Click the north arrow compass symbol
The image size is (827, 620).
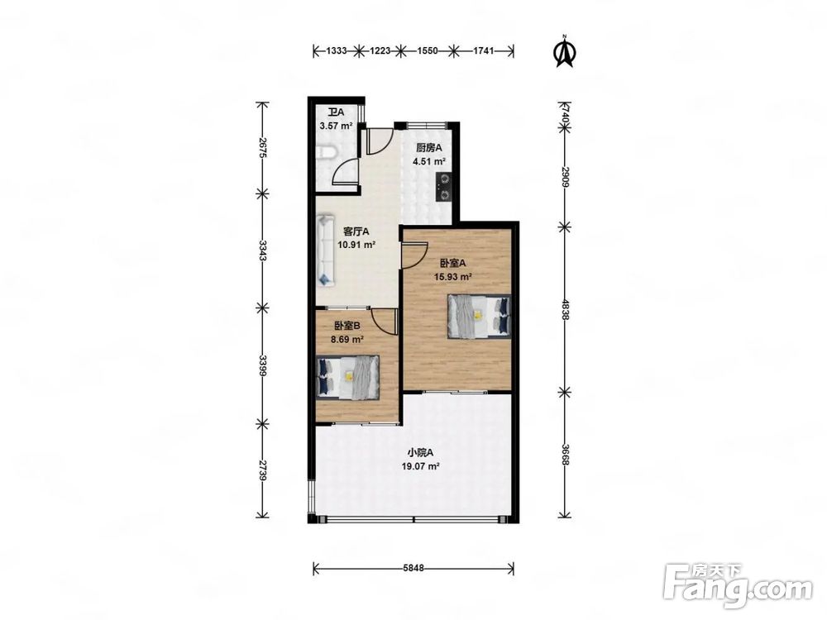pos(565,51)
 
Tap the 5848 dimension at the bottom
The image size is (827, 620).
pos(413,568)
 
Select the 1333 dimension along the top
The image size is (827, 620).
pos(337,50)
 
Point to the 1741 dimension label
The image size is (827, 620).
pos(484,50)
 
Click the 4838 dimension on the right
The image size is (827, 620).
pos(565,309)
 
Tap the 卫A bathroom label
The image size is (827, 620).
pos(336,112)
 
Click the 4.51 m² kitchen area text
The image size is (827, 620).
pos(429,161)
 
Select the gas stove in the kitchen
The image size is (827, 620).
pos(443,187)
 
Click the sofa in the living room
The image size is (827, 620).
pos(326,250)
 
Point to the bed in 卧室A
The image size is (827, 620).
pos(479,316)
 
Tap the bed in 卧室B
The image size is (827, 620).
pos(347,377)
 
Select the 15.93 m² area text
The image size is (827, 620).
pos(452,276)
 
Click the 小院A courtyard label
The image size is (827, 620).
pos(420,452)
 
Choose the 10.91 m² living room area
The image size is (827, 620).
pos(356,245)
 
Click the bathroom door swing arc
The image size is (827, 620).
pos(346,171)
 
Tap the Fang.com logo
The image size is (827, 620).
pos(738,586)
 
